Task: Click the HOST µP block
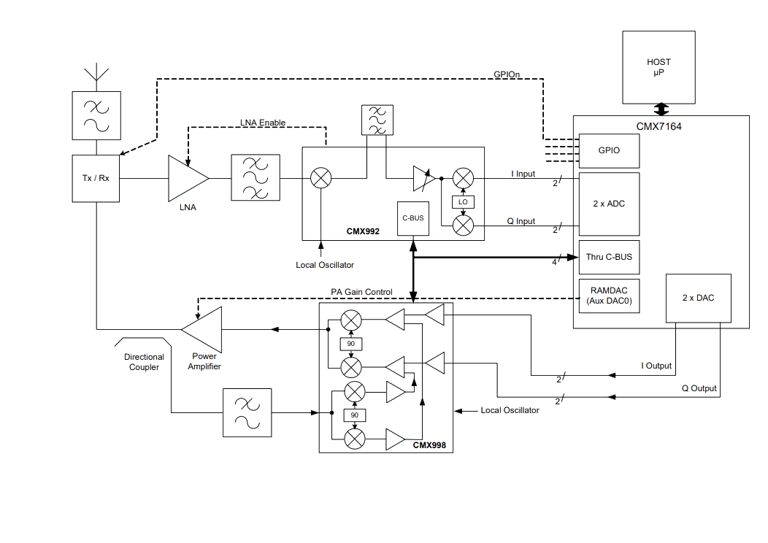[658, 68]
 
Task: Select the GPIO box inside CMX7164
[609, 151]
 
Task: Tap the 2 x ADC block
[609, 204]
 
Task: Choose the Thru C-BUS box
[609, 257]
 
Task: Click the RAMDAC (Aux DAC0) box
[609, 296]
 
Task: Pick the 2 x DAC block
[699, 299]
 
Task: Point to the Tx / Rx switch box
[96, 178]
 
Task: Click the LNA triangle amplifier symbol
[188, 178]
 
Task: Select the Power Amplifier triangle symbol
[201, 329]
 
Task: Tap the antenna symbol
[96, 72]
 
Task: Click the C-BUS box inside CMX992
[413, 218]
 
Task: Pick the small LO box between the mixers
[463, 201]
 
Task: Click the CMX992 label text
[363, 231]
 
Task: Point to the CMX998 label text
[429, 445]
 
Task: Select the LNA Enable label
[263, 123]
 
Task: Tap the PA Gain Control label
[361, 292]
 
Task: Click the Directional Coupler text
[144, 362]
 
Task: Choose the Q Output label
[699, 388]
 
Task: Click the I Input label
[523, 174]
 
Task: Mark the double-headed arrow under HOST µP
[661, 109]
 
